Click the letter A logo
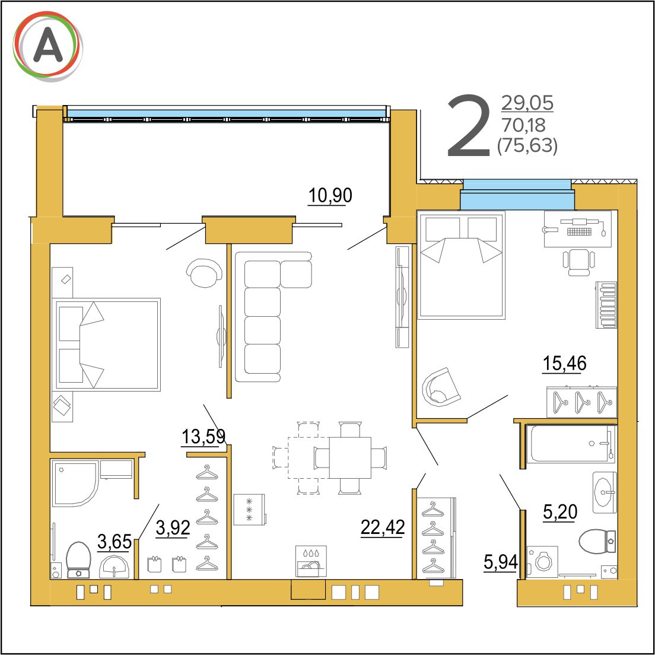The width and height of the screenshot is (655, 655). pyautogui.click(x=47, y=46)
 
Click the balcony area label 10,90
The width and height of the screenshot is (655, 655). pyautogui.click(x=330, y=196)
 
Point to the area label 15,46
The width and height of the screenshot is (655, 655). pyautogui.click(x=564, y=364)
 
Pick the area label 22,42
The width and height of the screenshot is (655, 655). pyautogui.click(x=383, y=527)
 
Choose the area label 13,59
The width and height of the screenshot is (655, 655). pyautogui.click(x=204, y=437)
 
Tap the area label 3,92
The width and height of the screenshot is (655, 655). pyautogui.click(x=173, y=527)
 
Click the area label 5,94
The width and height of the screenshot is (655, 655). pyautogui.click(x=500, y=562)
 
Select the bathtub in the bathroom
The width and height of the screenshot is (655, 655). pyautogui.click(x=571, y=444)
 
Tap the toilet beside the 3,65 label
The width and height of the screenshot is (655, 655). pyautogui.click(x=78, y=560)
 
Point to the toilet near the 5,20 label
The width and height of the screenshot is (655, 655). pyautogui.click(x=597, y=541)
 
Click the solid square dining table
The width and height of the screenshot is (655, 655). pyautogui.click(x=350, y=457)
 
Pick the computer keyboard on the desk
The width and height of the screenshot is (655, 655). pyautogui.click(x=580, y=231)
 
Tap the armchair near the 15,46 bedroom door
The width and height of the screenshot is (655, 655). pyautogui.click(x=441, y=386)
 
